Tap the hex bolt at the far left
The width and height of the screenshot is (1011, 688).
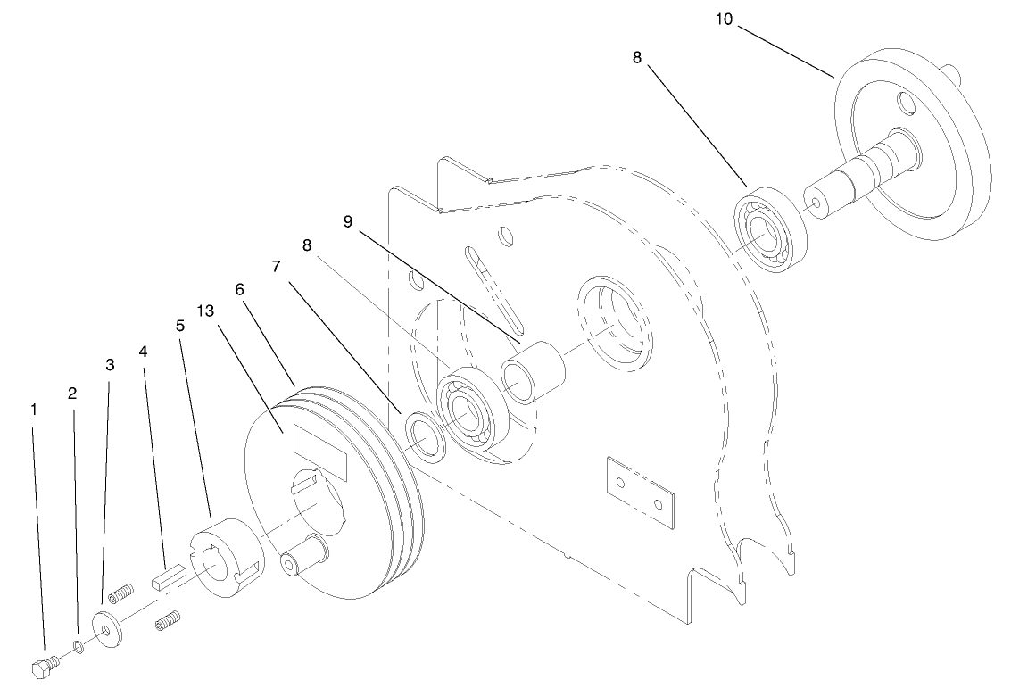[45, 667]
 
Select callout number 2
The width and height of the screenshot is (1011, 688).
[72, 392]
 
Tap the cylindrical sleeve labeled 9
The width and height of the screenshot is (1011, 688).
[535, 371]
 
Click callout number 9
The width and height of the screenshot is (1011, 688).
[349, 220]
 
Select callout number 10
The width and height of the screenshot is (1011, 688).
[724, 19]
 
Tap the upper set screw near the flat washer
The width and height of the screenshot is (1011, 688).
[120, 592]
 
